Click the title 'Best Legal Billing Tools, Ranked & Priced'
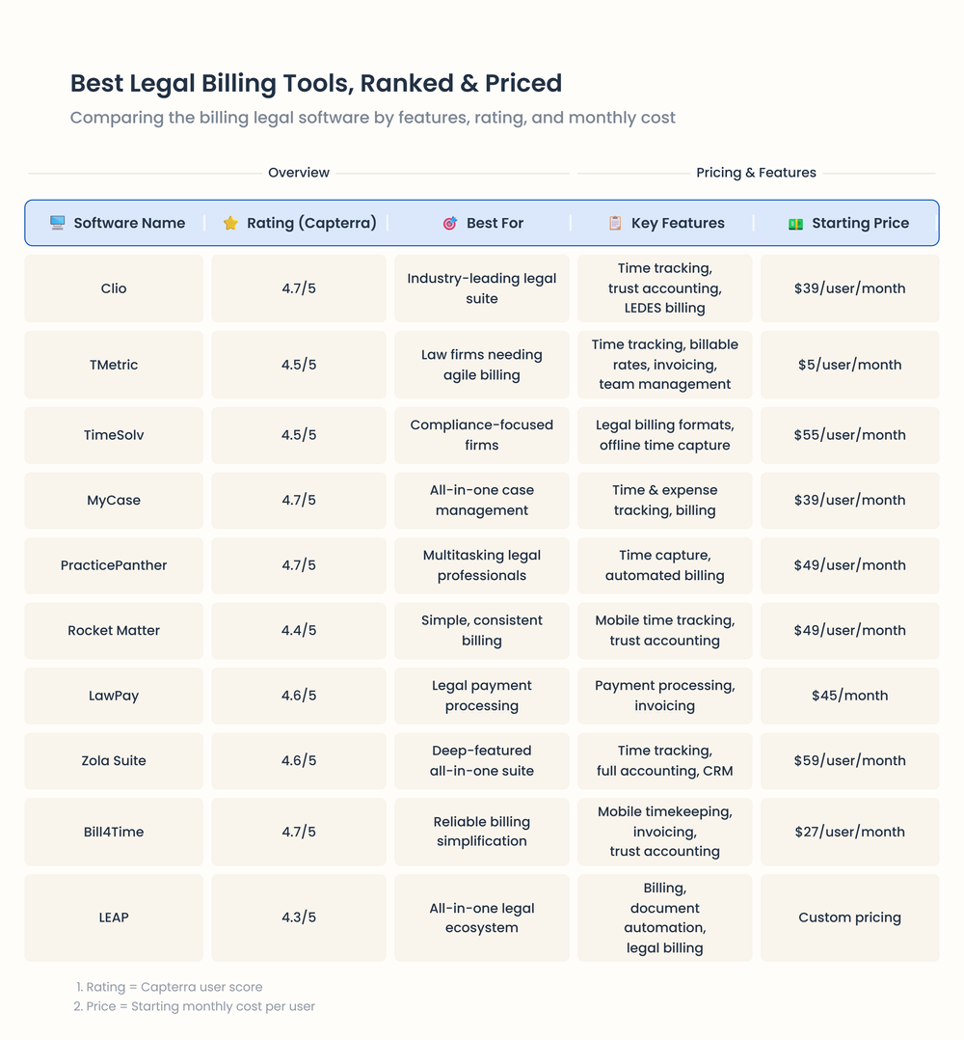tap(315, 83)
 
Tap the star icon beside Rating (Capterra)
tap(230, 223)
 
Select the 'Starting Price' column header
tap(860, 223)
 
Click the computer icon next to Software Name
tap(58, 223)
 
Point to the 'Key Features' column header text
tap(678, 223)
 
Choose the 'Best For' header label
tap(495, 223)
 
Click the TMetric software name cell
tap(114, 365)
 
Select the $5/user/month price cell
tap(849, 365)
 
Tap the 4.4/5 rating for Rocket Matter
tap(299, 630)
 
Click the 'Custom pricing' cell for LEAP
tap(849, 917)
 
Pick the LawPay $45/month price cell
tap(849, 696)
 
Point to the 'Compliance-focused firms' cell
tap(482, 435)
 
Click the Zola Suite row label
tap(114, 760)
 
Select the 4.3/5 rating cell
tap(299, 917)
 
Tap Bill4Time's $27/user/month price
tap(849, 832)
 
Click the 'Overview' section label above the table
tap(299, 173)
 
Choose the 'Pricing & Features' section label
tap(756, 173)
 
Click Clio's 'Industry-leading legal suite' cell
tap(482, 288)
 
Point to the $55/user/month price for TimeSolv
tap(849, 435)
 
